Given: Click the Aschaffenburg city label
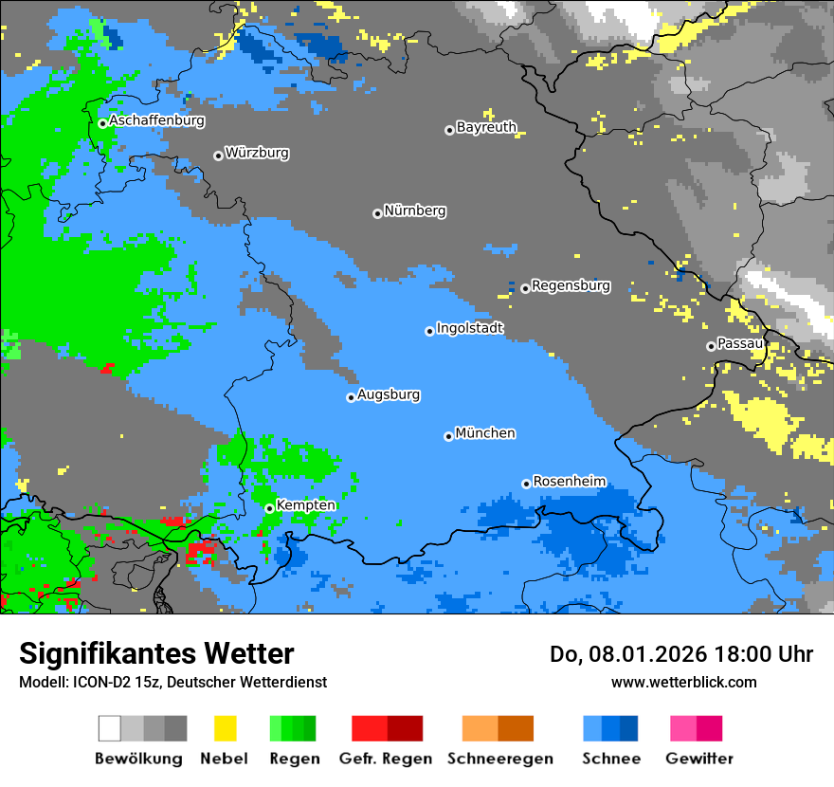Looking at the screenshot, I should (x=156, y=121).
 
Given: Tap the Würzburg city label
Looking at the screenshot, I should (x=257, y=153).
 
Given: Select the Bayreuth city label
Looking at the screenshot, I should (x=486, y=127).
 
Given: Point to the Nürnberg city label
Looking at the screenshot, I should (x=415, y=210).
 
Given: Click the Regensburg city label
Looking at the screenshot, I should (x=571, y=285).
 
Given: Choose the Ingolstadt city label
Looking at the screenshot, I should (x=470, y=329).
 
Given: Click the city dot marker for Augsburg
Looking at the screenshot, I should (x=351, y=397).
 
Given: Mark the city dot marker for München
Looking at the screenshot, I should (x=448, y=436).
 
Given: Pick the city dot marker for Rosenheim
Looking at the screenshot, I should (x=526, y=484).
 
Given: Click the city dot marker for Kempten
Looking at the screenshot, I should (x=269, y=508).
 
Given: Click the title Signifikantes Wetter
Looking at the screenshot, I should (x=156, y=654).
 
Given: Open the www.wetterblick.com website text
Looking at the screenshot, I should (x=683, y=682).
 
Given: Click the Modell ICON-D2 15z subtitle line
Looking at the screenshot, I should (x=172, y=682).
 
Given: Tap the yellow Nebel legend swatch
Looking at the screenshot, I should (x=225, y=728).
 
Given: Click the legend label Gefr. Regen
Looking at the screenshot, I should (x=386, y=759).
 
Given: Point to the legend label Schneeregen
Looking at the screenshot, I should (x=500, y=759).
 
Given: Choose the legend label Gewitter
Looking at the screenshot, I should (x=699, y=759).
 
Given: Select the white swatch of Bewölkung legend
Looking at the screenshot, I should (x=110, y=728).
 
